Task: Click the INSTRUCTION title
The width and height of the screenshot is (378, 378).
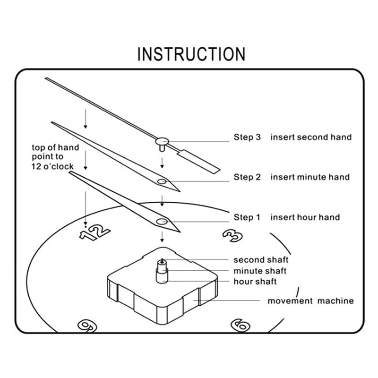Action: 191,54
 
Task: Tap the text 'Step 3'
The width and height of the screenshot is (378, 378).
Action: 247,137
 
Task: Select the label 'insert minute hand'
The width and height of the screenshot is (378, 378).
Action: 310,177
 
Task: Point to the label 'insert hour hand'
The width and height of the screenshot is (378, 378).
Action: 305,217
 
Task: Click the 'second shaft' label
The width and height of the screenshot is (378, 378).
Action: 261,260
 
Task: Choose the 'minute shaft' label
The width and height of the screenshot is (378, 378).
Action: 260,271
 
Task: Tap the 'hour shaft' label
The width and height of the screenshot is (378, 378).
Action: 255,282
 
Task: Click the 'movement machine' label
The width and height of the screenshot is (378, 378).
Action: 311,301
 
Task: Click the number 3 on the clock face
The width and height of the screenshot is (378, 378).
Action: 232,235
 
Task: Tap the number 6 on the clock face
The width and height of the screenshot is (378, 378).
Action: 240,325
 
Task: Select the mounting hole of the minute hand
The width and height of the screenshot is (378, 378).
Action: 162,181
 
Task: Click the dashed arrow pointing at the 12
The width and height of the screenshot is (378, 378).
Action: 85,208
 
